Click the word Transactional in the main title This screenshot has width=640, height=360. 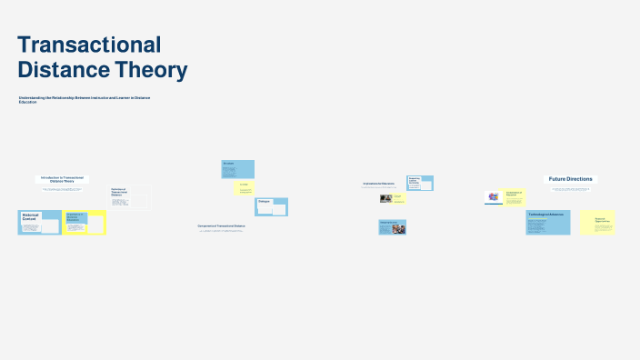click(x=89, y=45)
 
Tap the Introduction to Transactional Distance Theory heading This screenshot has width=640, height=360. click(x=62, y=179)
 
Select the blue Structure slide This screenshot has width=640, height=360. click(x=238, y=169)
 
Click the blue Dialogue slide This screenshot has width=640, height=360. click(x=271, y=206)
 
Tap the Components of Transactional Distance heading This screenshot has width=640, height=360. click(x=221, y=225)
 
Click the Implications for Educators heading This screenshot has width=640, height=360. click(x=378, y=184)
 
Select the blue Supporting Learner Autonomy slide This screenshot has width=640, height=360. click(x=419, y=183)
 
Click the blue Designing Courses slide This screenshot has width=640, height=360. click(x=393, y=226)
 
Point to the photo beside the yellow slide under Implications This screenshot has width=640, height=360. click(x=386, y=197)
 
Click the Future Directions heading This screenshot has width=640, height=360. click(x=570, y=179)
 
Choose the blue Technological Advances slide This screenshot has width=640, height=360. click(x=548, y=223)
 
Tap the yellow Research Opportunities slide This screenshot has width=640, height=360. click(x=597, y=223)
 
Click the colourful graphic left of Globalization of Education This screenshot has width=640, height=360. click(x=493, y=196)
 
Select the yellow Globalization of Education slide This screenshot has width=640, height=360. click(x=515, y=196)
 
